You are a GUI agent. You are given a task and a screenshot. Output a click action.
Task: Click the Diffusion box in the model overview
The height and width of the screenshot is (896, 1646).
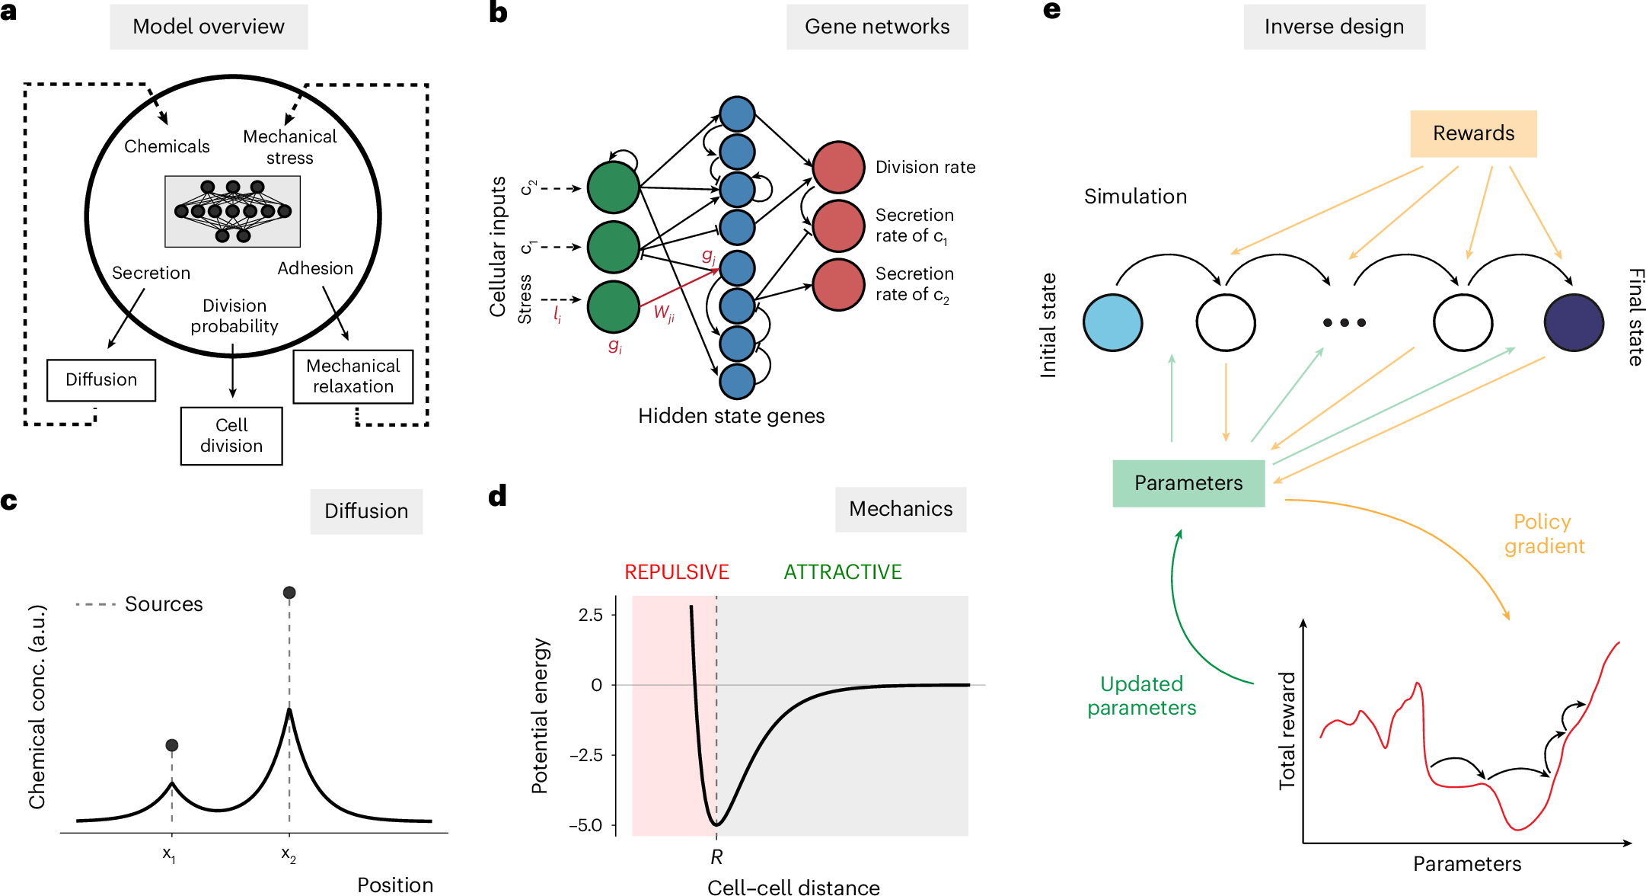tap(101, 380)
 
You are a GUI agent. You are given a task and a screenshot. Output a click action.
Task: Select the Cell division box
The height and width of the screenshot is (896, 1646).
tap(231, 436)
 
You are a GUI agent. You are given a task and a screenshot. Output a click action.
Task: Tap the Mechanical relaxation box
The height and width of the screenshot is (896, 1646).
tap(353, 376)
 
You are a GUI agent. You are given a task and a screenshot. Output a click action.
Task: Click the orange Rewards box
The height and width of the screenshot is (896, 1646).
tap(1473, 134)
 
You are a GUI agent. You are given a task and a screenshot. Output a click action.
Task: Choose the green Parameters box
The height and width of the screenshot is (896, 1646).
tap(1188, 483)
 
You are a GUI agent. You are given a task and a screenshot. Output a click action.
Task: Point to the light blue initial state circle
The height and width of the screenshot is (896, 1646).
tap(1112, 322)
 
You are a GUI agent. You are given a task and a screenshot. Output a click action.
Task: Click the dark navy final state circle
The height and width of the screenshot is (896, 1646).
tap(1574, 322)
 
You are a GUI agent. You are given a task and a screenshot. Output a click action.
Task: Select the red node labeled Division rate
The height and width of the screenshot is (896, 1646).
tap(838, 167)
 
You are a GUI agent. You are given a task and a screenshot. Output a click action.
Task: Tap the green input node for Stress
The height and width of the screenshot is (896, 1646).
tap(613, 306)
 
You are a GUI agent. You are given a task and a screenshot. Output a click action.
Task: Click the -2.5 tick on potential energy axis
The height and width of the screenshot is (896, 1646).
tap(586, 755)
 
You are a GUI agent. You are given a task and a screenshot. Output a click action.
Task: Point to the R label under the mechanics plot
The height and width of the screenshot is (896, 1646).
tap(716, 858)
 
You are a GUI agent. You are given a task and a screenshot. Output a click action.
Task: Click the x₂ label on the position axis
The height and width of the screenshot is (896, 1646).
tap(289, 854)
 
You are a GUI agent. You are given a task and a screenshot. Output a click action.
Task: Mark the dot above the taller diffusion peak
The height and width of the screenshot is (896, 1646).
tap(289, 593)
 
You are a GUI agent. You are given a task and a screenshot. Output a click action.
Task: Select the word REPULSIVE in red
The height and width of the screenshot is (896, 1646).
tap(676, 572)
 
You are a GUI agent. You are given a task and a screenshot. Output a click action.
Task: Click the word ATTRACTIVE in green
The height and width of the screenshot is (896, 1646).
tap(843, 572)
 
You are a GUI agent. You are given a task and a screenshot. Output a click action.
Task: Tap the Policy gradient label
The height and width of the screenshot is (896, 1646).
tap(1543, 534)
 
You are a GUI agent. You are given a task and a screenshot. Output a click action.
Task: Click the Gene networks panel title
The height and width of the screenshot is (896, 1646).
tap(877, 27)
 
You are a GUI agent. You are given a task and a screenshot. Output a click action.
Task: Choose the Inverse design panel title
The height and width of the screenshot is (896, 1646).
tap(1334, 27)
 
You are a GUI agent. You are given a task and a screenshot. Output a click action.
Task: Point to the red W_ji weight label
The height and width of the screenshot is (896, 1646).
tap(664, 312)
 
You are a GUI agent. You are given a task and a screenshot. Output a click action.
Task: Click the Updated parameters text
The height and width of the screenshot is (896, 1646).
tap(1141, 696)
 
